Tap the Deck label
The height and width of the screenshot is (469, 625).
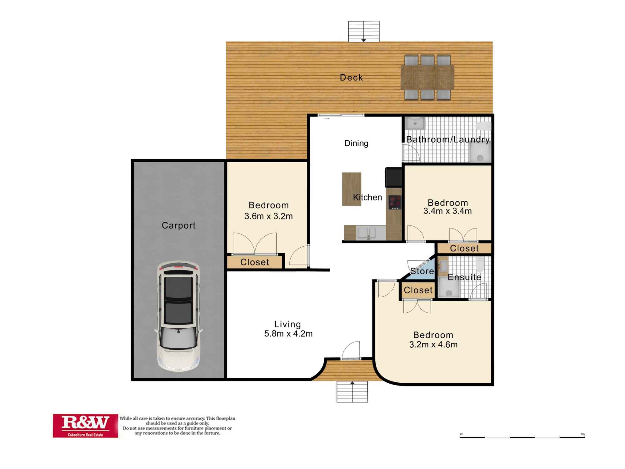tap(351, 78)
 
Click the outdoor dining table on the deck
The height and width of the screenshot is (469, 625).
tap(427, 78)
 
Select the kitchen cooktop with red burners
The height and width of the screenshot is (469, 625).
tap(395, 202)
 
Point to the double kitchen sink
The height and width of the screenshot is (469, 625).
tap(367, 233)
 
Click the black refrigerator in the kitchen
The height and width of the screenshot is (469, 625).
tap(394, 177)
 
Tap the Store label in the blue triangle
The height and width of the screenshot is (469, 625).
tap(422, 271)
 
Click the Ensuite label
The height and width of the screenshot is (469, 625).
tap(464, 277)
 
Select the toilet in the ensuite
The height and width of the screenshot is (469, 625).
tap(480, 264)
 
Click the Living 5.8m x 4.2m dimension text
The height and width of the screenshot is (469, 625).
tap(288, 334)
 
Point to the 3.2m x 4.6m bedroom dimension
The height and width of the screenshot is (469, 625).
tap(433, 345)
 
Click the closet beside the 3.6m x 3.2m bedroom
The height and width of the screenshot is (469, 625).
tap(255, 262)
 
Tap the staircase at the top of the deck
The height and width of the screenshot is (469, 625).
tap(364, 31)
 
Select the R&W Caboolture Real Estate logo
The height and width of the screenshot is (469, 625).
tap(85, 426)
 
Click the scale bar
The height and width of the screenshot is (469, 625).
tap(522, 436)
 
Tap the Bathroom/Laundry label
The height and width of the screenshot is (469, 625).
tap(447, 139)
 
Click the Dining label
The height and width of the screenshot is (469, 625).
tap(356, 143)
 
